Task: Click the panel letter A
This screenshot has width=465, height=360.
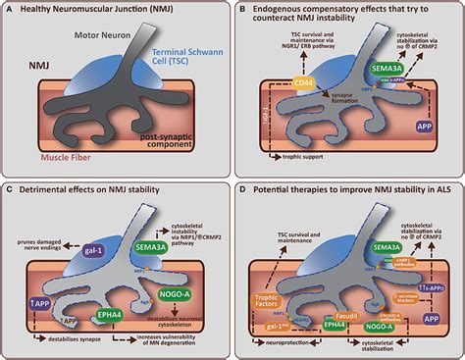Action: [x=8, y=9]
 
